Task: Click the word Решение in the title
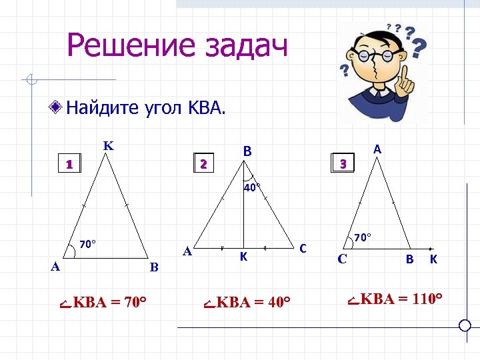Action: (127, 46)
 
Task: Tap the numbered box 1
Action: (69, 163)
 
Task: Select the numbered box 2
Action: (204, 163)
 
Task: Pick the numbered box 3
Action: (343, 163)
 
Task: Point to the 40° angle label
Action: (251, 188)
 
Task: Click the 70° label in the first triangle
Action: (88, 244)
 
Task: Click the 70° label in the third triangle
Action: (362, 237)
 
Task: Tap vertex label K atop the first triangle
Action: (107, 145)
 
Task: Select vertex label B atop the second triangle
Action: (247, 152)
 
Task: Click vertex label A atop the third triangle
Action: (377, 150)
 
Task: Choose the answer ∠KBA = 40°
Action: (247, 303)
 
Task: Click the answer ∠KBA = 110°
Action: (396, 298)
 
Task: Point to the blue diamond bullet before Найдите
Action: (58, 107)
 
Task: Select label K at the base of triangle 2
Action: (244, 257)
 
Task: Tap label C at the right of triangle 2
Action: (303, 249)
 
